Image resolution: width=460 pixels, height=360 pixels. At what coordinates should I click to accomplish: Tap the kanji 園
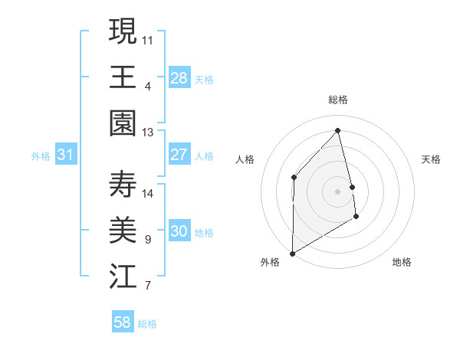123,123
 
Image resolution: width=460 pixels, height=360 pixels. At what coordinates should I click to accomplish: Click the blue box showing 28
179,78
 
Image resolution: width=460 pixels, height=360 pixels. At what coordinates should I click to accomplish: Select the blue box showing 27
179,155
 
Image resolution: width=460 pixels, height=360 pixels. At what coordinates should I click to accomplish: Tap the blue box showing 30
179,232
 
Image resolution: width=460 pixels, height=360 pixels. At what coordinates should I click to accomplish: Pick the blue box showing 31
66,155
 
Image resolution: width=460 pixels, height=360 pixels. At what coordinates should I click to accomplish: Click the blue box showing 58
123,322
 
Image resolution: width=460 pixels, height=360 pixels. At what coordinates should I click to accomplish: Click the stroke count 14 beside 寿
148,193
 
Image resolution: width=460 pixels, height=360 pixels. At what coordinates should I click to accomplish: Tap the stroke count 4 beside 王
148,86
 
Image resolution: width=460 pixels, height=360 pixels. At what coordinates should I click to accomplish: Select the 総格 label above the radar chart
338,100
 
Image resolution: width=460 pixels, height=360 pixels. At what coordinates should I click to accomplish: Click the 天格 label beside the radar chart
432,159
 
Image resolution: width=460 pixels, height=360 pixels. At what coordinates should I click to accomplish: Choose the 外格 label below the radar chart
270,262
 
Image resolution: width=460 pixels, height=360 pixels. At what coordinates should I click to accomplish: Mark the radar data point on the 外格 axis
292,253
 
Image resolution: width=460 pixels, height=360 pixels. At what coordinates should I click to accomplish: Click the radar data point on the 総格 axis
338,130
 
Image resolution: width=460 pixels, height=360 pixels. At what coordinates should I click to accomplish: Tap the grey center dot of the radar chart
337,191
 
